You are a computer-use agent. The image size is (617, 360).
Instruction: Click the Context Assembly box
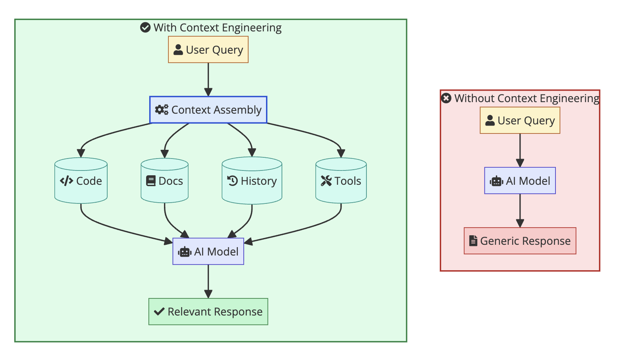coord(208,110)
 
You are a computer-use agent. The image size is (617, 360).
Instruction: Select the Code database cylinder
coord(81,181)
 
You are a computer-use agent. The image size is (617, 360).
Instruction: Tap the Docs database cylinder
coord(164,181)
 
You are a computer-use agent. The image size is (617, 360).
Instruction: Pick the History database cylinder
coord(252,181)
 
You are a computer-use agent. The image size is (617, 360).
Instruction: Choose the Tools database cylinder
coord(341,181)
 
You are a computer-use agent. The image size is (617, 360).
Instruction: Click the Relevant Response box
coord(208,312)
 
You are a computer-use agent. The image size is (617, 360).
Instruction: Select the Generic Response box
coord(520,241)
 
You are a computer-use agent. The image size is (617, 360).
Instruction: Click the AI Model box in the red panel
coord(520,181)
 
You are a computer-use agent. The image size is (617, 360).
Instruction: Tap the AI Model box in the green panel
coord(208,252)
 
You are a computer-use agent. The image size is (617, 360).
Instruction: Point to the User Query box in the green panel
coord(208,50)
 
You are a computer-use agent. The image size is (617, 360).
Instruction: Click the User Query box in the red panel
coord(520,120)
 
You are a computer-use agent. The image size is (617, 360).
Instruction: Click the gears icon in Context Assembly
coord(162,110)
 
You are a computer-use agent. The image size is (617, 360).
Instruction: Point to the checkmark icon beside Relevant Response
coord(159,312)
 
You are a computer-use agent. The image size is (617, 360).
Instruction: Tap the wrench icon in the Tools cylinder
coord(326,181)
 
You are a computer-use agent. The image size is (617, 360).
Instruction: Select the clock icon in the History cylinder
coord(232,181)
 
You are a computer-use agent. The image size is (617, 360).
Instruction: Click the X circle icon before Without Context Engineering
coord(446,98)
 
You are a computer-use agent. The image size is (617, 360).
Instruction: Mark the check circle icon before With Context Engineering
coord(145,27)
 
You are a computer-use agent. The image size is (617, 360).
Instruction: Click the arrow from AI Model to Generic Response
coord(520,211)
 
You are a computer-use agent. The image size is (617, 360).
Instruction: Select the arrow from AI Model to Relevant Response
coord(208,281)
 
